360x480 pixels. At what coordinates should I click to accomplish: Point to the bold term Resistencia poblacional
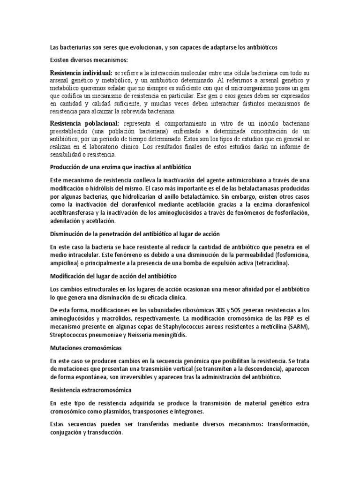[84, 123]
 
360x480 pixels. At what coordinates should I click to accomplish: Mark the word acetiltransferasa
[76, 213]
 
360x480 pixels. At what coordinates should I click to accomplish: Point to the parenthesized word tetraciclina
[271, 263]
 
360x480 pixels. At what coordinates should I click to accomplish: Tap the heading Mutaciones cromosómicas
[86, 348]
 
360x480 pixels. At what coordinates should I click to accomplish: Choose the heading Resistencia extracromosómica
[91, 390]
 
